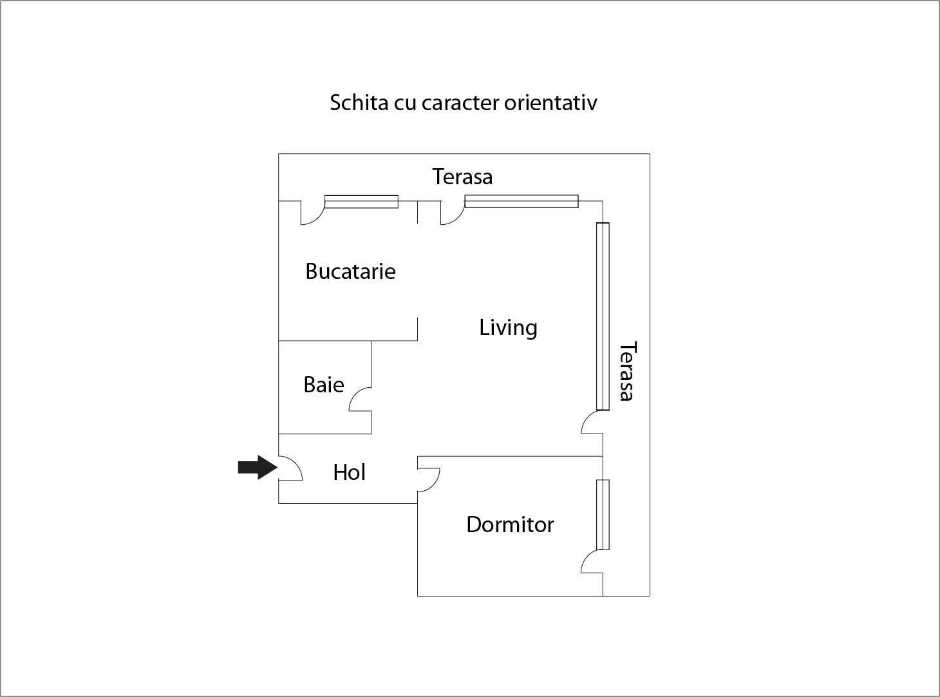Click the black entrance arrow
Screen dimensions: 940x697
point(258,468)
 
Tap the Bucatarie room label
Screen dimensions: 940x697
point(350,271)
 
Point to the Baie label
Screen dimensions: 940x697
point(324,385)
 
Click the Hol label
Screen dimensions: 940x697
point(349,472)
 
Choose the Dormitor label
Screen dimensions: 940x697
point(511,525)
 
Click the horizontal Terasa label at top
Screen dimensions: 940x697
point(462,177)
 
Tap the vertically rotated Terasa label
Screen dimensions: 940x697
point(628,371)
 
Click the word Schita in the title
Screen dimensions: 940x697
point(359,102)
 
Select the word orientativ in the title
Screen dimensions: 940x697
point(550,102)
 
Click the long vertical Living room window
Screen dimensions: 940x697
point(603,316)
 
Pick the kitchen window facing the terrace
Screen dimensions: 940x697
point(361,202)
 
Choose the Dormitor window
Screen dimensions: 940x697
point(603,515)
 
